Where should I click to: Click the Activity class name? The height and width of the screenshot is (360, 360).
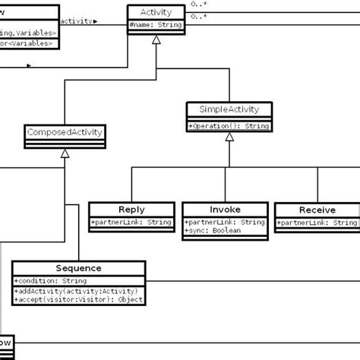pos(155,12)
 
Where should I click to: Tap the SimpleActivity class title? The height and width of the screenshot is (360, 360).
pos(227,109)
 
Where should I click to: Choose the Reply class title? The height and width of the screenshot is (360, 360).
pos(131,210)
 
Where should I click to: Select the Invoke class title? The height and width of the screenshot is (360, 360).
pos(225,210)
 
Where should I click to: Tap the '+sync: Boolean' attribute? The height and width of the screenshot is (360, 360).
pos(213,230)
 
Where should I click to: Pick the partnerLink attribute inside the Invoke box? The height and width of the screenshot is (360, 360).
pos(225,222)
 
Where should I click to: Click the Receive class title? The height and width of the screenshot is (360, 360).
pos(317,210)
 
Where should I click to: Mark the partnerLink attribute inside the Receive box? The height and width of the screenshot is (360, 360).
pos(317,222)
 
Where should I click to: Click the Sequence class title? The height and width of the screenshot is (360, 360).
pos(78,268)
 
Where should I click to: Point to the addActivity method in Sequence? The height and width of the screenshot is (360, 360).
pos(76,289)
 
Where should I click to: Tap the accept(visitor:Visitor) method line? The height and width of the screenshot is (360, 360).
pos(77,298)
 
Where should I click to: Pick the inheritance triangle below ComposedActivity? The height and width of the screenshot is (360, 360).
pos(65,153)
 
